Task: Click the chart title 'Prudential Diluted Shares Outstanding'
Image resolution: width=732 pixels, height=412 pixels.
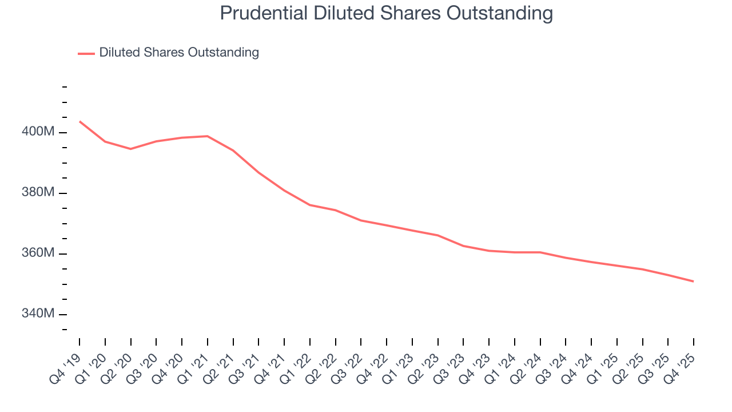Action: pyautogui.click(x=386, y=13)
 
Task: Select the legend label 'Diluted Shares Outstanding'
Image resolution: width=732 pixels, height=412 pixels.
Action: pyautogui.click(x=179, y=53)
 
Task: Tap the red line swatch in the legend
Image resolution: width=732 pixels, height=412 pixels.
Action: pyautogui.click(x=86, y=53)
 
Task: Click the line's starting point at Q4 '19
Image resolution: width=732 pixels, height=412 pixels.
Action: pyautogui.click(x=79, y=121)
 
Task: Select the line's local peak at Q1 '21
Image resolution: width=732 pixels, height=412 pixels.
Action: pyautogui.click(x=208, y=136)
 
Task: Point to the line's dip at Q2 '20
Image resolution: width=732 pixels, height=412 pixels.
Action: pyautogui.click(x=131, y=149)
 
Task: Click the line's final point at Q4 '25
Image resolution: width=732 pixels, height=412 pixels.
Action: pyautogui.click(x=694, y=282)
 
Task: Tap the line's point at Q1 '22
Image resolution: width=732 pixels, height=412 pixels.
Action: pyautogui.click(x=310, y=205)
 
